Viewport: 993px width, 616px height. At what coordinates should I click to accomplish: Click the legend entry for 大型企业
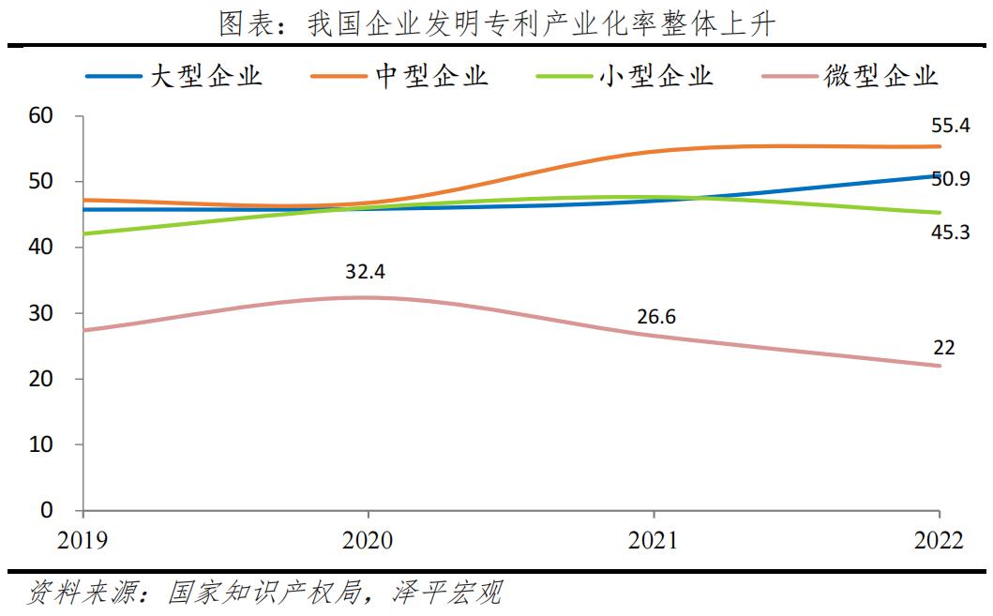174,76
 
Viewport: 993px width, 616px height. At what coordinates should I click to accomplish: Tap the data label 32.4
367,272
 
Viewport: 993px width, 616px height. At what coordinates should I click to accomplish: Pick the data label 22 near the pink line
943,348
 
